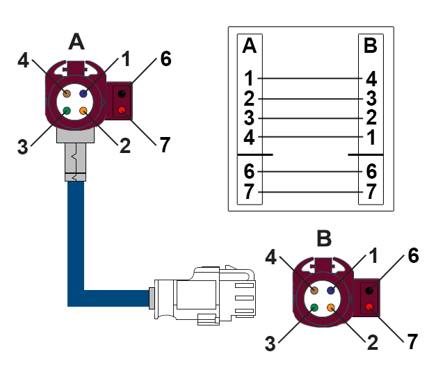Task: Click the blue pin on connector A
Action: click(x=83, y=93)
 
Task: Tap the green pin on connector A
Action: click(x=67, y=111)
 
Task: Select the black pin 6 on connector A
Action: click(x=122, y=93)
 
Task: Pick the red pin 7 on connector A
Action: click(x=122, y=110)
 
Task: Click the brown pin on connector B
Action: click(x=314, y=290)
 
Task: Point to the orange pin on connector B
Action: click(x=331, y=307)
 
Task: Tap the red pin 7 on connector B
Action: click(x=369, y=307)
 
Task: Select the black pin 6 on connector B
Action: click(x=369, y=290)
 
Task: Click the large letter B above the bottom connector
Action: click(x=324, y=239)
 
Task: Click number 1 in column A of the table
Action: click(x=250, y=78)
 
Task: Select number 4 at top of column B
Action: click(x=371, y=78)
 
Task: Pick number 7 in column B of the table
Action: click(x=371, y=191)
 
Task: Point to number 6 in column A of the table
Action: click(x=250, y=171)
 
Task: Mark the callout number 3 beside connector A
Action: click(x=23, y=146)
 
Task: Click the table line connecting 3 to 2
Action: click(x=310, y=117)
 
